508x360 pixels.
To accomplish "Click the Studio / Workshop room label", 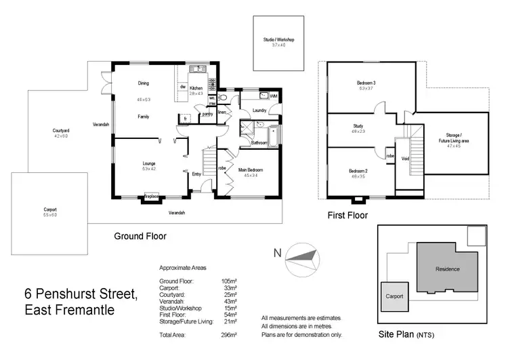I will [x=279, y=40].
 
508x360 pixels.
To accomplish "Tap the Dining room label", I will [x=144, y=83].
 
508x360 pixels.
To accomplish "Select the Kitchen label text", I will [x=196, y=88].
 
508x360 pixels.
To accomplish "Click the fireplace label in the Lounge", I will [x=150, y=197].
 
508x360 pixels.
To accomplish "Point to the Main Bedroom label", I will [x=250, y=169].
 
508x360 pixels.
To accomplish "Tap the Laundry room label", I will [x=259, y=110].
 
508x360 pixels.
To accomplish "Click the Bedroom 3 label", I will [x=366, y=83].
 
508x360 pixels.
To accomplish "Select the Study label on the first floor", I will [x=358, y=125].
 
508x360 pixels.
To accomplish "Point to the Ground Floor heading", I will [x=140, y=237].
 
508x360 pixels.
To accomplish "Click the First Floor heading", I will [x=347, y=216].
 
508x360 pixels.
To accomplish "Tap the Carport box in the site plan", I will [x=394, y=296].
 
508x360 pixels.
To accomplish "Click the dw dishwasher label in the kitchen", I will [x=183, y=87].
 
